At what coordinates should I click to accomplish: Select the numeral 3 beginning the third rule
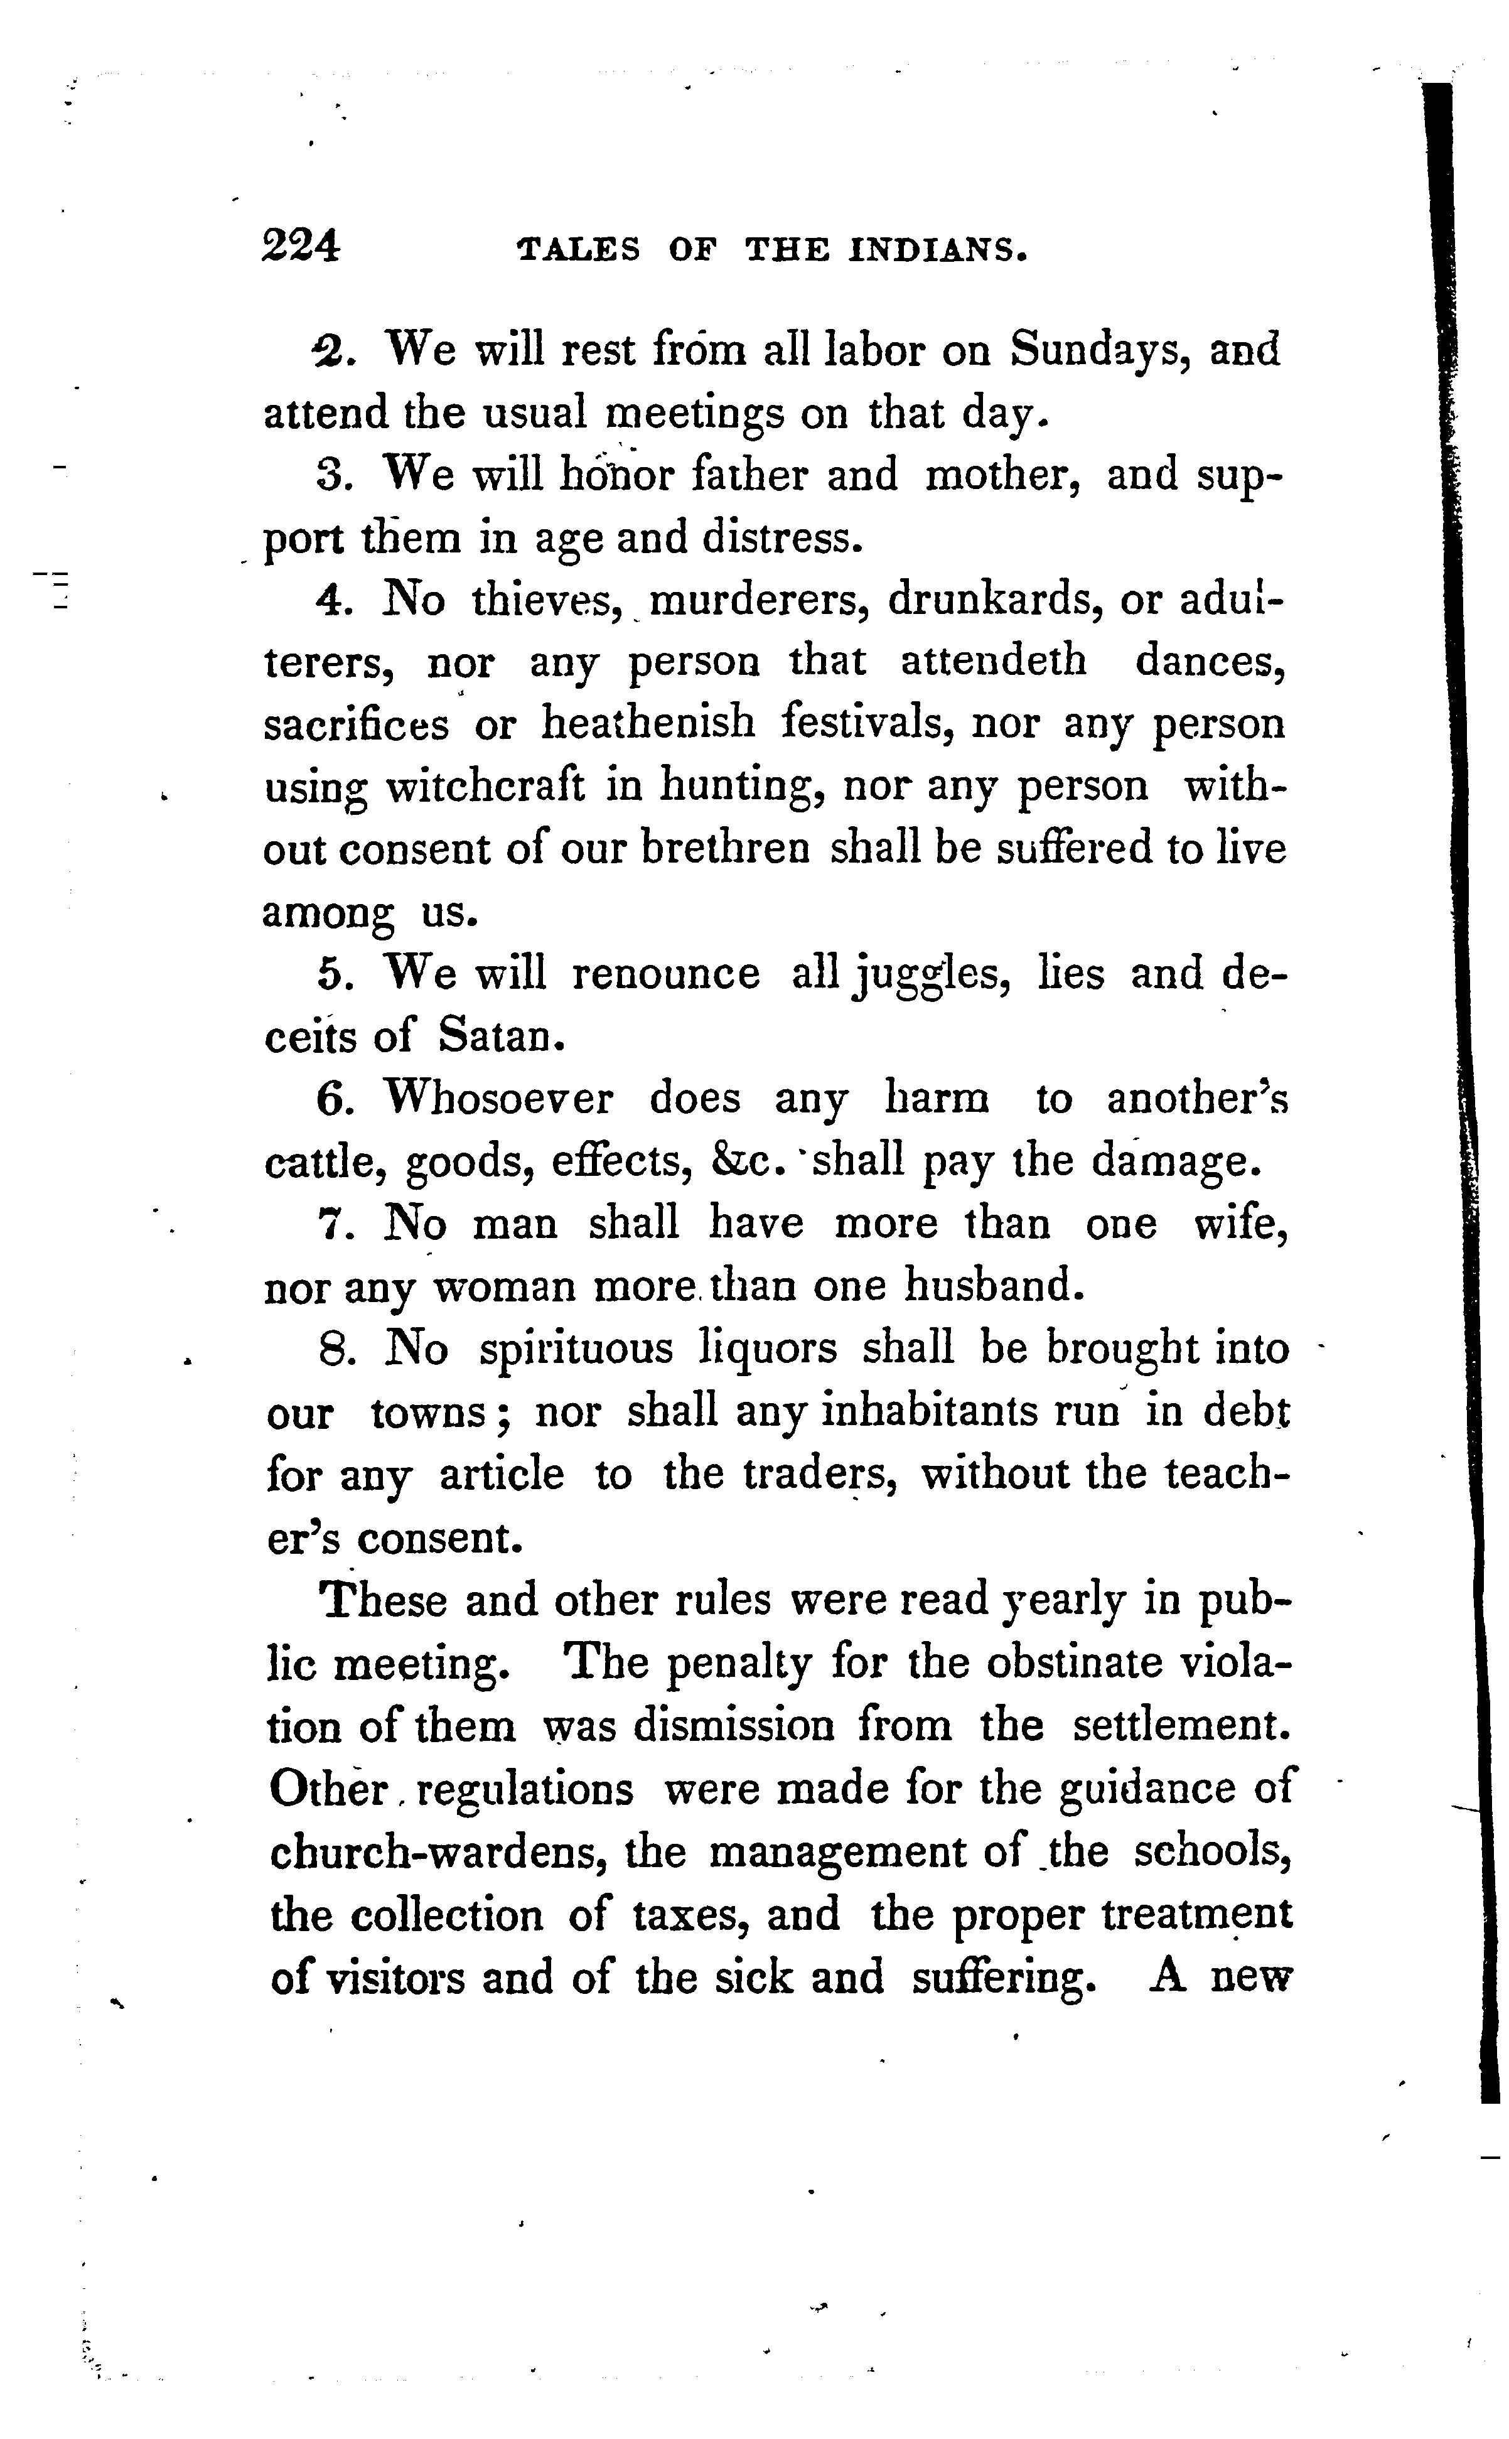tap(330, 474)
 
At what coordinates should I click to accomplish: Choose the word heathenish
tap(648, 723)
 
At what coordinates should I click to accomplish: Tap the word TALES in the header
tap(579, 249)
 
